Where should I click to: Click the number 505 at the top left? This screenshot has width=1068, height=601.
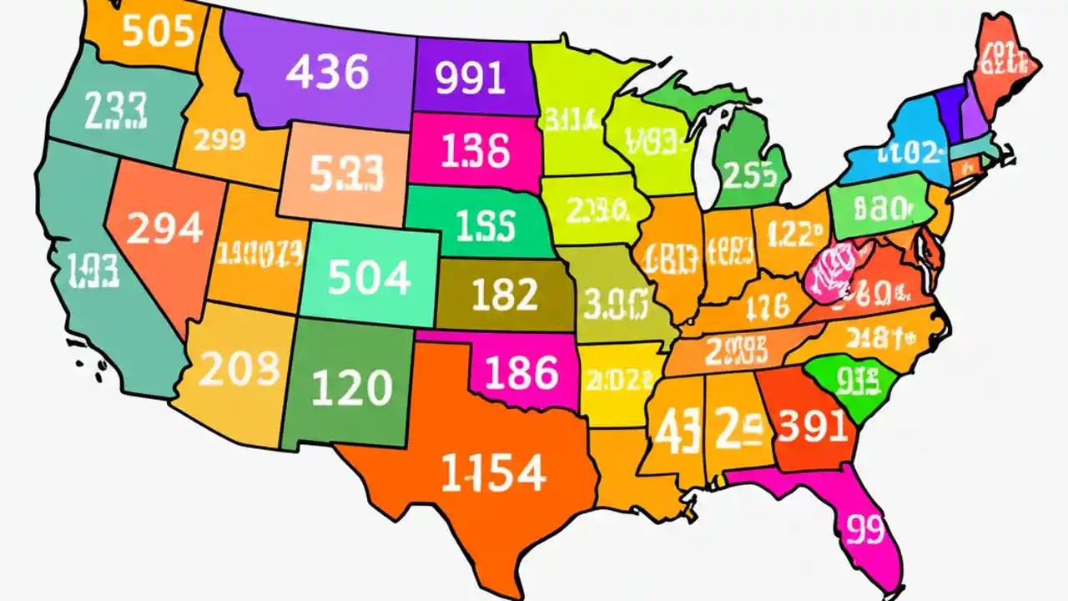tap(158, 33)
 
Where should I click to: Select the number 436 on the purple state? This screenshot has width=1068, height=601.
tap(327, 73)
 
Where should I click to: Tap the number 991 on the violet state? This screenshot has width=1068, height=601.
tap(471, 78)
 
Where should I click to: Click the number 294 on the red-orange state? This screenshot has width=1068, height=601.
tap(164, 227)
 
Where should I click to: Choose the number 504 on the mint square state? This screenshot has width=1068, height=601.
tap(369, 278)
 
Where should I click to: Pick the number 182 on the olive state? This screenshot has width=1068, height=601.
tap(504, 295)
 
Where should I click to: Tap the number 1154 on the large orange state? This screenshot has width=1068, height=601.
tap(492, 473)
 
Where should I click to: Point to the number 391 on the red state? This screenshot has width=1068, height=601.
tap(813, 427)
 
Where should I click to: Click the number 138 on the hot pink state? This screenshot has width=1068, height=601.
tap(475, 152)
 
